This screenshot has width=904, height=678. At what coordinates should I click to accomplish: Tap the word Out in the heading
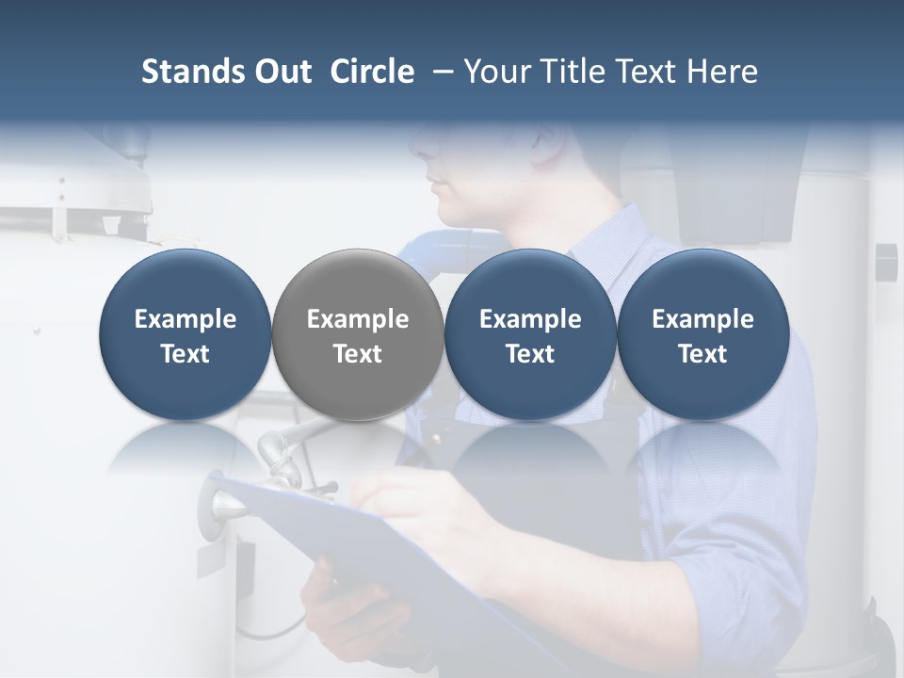282,72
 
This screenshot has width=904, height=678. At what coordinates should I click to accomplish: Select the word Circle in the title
372,72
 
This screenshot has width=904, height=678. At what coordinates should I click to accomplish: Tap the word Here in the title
725,72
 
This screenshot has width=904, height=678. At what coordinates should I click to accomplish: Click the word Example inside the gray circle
358,319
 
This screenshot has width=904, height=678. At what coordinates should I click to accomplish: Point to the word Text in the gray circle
358,354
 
